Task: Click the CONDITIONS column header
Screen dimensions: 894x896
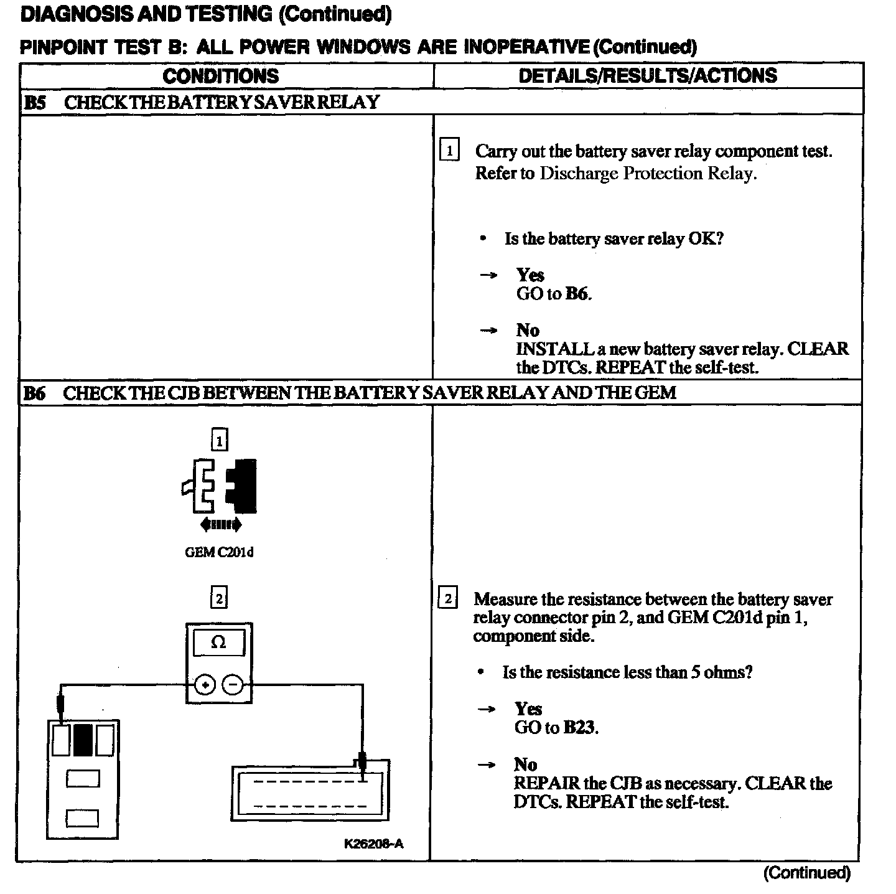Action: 221,76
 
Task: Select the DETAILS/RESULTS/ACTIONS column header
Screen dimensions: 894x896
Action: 648,75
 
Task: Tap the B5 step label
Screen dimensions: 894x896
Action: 34,103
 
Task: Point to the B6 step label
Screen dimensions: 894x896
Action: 34,393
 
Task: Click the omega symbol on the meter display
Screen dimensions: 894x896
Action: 218,642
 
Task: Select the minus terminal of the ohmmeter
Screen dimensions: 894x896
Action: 233,685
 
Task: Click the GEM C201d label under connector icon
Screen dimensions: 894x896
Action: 219,552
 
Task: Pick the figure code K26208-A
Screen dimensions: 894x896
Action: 373,844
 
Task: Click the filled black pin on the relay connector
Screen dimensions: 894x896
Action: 82,740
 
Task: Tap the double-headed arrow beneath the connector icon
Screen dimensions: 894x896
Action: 221,525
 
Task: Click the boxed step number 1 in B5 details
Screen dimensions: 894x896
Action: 449,151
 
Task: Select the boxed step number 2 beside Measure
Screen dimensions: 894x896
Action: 448,599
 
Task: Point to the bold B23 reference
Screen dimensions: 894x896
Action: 580,727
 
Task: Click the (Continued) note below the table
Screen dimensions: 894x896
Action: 806,873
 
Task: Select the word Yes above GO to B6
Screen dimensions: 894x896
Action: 530,275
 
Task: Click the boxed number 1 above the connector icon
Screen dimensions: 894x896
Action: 219,441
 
